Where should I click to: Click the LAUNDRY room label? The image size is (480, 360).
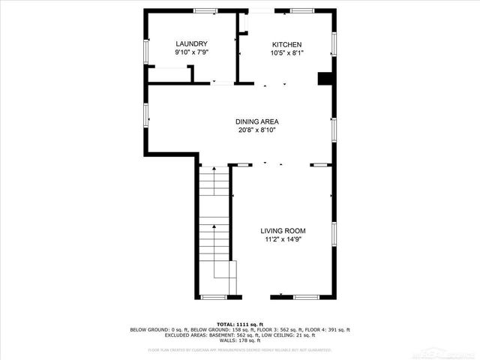tap(191, 43)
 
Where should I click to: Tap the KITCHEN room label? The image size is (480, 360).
tap(287, 43)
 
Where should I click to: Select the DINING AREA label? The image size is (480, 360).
tap(256, 121)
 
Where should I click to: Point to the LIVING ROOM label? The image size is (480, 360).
tap(283, 230)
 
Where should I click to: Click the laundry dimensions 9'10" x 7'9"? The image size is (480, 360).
tap(191, 52)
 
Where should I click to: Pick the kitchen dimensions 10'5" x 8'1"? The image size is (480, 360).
tap(287, 52)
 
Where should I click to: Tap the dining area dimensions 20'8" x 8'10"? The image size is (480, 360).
tap(256, 130)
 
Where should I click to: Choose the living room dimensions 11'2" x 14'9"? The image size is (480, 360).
tap(283, 240)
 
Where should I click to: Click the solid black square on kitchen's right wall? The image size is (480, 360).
tap(325, 78)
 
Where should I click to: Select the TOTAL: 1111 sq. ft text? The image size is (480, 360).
tap(239, 323)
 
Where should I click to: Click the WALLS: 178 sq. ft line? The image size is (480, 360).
tap(239, 340)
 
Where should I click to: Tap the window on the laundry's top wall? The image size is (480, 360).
tap(205, 10)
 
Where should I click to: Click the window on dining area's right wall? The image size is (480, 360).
tap(334, 130)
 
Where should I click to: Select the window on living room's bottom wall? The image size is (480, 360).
tap(305, 298)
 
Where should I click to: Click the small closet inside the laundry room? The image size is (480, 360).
tap(170, 75)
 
